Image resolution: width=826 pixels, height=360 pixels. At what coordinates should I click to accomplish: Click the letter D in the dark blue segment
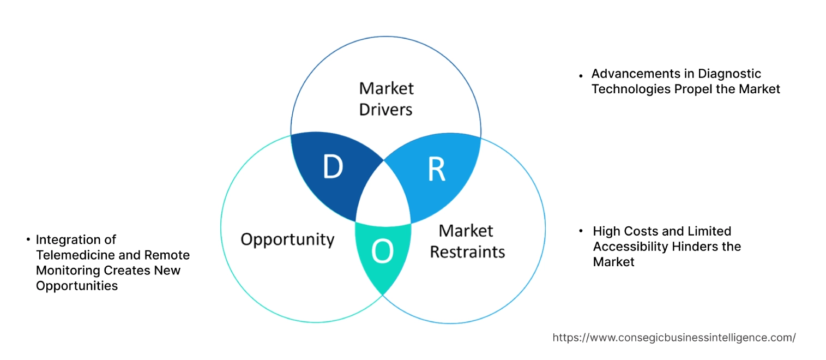tap(333, 167)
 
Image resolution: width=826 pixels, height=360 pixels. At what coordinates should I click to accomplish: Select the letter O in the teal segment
tap(382, 251)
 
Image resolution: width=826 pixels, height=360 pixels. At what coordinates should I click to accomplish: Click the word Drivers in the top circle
tap(386, 109)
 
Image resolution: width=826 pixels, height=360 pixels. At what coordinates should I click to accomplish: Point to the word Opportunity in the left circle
tap(287, 239)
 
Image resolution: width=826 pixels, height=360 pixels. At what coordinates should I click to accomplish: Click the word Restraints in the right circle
tap(467, 252)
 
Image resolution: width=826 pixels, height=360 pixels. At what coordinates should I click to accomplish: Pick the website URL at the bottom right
tap(674, 338)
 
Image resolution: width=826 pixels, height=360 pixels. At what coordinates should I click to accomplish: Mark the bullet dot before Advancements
tap(581, 74)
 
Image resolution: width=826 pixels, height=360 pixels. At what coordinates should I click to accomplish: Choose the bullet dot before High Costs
tap(581, 231)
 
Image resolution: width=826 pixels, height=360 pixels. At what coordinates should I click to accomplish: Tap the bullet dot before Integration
tap(27, 239)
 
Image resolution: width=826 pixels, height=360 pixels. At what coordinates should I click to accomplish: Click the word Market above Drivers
tap(386, 88)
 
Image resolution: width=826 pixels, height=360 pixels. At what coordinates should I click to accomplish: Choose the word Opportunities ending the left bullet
tap(77, 285)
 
